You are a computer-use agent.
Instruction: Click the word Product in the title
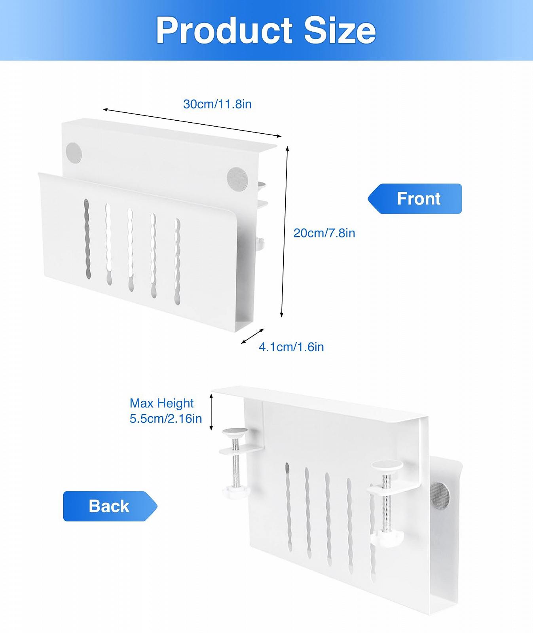click(224, 30)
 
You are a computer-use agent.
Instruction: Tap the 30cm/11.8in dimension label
click(217, 104)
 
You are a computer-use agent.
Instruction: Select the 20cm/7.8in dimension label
click(324, 233)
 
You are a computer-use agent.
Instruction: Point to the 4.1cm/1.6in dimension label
click(291, 347)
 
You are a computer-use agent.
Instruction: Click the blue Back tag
click(110, 506)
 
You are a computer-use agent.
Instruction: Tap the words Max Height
click(161, 403)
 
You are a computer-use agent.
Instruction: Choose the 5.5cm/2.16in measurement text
click(166, 419)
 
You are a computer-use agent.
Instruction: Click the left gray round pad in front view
click(74, 152)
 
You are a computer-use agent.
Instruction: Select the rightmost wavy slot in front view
click(177, 262)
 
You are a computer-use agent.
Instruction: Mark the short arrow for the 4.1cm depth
click(252, 336)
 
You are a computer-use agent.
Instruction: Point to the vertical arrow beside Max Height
click(211, 412)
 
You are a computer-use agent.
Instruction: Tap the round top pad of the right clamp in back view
click(387, 466)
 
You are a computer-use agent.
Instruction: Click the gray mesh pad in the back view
click(440, 495)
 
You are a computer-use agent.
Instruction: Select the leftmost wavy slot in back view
click(289, 506)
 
